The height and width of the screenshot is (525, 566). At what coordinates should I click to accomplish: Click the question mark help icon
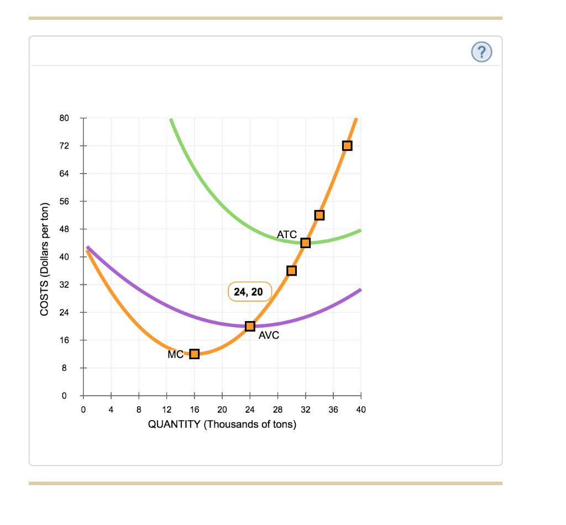(481, 52)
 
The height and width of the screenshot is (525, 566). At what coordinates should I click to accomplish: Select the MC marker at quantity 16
(194, 354)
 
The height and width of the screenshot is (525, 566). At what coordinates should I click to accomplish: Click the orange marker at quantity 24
(250, 326)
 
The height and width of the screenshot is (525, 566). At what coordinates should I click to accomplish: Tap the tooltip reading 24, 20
(249, 292)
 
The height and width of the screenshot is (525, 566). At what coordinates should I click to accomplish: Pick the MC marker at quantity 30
(291, 270)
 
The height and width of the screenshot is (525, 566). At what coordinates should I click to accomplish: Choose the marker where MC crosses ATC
(305, 243)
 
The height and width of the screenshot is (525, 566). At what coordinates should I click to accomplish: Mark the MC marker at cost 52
(319, 215)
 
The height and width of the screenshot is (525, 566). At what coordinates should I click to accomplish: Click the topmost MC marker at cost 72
(347, 146)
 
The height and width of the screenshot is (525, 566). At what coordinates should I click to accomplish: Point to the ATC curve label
(287, 234)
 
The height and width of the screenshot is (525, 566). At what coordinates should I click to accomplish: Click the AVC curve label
(269, 335)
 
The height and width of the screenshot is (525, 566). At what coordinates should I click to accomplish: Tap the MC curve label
(175, 355)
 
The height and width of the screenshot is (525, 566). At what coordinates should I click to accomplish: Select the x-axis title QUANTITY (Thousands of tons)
(222, 424)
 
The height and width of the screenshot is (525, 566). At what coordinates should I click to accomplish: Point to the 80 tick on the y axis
(64, 118)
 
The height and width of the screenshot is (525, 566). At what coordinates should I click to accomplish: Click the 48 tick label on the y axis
(64, 229)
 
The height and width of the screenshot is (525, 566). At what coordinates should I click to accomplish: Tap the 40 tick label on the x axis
(361, 410)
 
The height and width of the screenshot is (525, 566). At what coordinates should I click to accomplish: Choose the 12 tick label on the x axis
(166, 410)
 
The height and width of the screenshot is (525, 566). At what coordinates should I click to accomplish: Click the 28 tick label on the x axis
(277, 410)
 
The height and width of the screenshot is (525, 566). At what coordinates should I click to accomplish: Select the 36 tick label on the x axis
(333, 410)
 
